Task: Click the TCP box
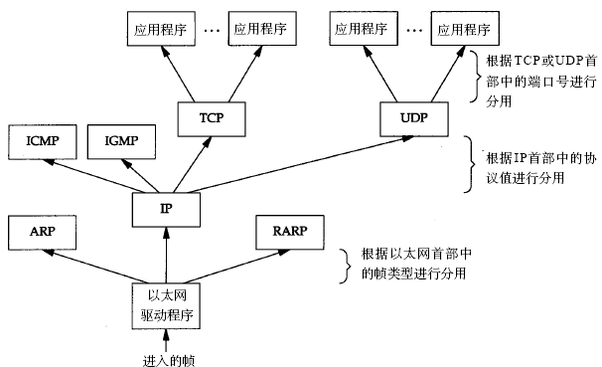tap(210, 118)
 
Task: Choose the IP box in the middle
tap(166, 208)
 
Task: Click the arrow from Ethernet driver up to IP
tap(165, 255)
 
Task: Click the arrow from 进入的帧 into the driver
tap(165, 339)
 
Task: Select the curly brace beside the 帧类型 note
tap(346, 263)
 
